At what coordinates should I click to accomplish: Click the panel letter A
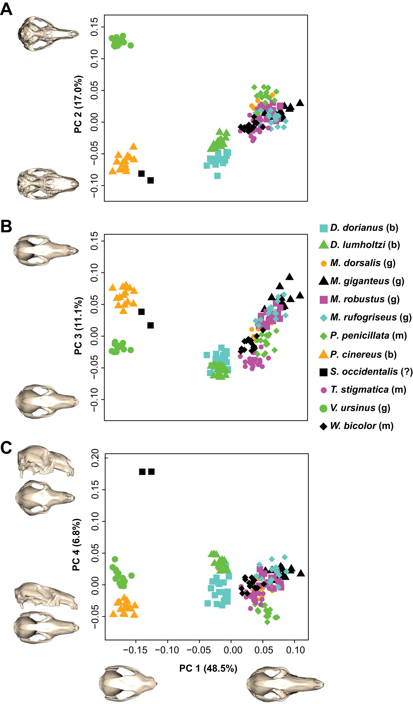[6, 9]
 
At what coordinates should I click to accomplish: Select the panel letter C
[6, 448]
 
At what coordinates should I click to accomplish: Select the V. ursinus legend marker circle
[324, 408]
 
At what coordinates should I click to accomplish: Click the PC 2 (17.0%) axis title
[78, 104]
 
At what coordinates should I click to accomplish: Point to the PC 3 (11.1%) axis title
[78, 326]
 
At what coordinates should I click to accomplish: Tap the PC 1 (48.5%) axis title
[208, 668]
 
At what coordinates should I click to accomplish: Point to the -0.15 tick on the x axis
[135, 650]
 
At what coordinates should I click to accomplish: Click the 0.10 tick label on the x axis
[295, 650]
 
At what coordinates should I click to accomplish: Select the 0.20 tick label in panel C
[95, 458]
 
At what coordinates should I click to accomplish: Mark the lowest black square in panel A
[150, 180]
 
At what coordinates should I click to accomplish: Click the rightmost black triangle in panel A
[300, 103]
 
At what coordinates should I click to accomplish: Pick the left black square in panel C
[142, 472]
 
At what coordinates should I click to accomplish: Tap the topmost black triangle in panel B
[290, 277]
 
